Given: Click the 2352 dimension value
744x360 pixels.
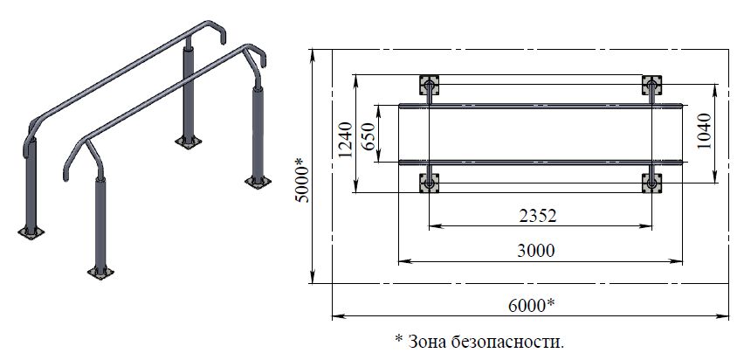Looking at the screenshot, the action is [537, 216].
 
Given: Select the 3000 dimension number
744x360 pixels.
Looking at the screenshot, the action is [535, 250].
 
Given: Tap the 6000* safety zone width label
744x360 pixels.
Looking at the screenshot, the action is [531, 305].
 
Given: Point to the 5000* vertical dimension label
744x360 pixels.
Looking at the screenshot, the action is [302, 181].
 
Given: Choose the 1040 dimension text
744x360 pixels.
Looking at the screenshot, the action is [704, 131].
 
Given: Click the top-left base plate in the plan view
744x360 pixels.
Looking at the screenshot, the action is [429, 85].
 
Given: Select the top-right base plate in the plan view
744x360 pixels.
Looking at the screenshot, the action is [652, 85].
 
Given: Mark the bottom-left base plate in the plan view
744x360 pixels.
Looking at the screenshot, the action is [429, 183].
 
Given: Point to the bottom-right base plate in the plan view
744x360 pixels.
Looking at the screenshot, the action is [652, 183].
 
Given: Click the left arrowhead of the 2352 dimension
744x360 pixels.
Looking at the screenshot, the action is [434, 226].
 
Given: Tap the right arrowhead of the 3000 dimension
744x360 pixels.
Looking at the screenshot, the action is [677, 260].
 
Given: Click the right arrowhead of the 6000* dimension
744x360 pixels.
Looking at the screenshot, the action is [723, 315].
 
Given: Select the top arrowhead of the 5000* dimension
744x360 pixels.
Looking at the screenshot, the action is [313, 55].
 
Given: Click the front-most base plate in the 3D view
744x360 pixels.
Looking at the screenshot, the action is [100, 273].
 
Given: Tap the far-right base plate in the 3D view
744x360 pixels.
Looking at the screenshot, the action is [258, 182].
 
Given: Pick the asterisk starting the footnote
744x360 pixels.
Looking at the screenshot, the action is [398, 338].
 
